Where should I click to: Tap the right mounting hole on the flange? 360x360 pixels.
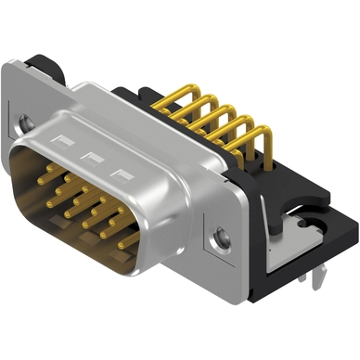point(220,238)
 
